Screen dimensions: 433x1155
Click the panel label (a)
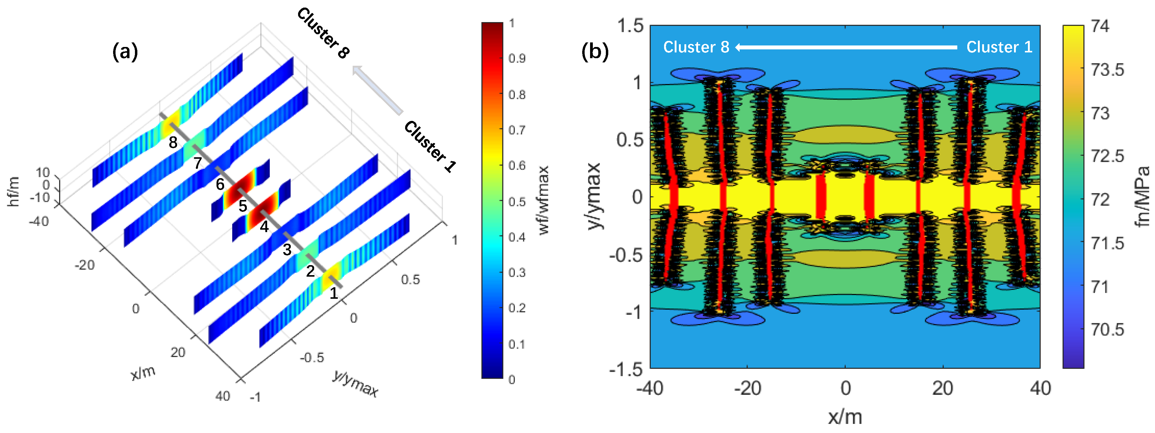click(125, 52)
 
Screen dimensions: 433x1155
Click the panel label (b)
click(595, 52)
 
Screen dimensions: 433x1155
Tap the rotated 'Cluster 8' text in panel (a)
click(323, 33)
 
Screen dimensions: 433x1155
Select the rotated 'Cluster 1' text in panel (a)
click(430, 146)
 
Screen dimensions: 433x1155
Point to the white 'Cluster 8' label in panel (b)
click(696, 47)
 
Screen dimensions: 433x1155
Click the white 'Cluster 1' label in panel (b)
click(999, 47)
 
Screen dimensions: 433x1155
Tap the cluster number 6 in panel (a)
click(220, 184)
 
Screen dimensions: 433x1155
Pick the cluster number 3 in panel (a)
click(287, 249)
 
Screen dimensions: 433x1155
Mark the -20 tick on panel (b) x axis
click(747, 388)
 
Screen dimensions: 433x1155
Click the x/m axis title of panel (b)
click(845, 417)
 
